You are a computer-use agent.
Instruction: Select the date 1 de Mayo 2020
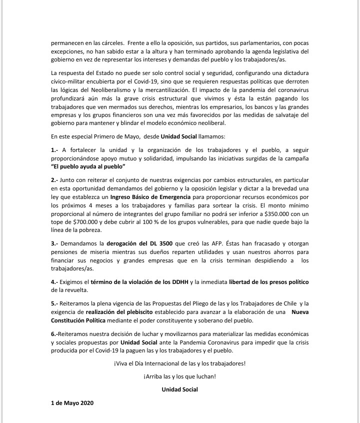click(x=72, y=403)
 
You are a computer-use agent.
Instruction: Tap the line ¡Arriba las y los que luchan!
click(x=179, y=376)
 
